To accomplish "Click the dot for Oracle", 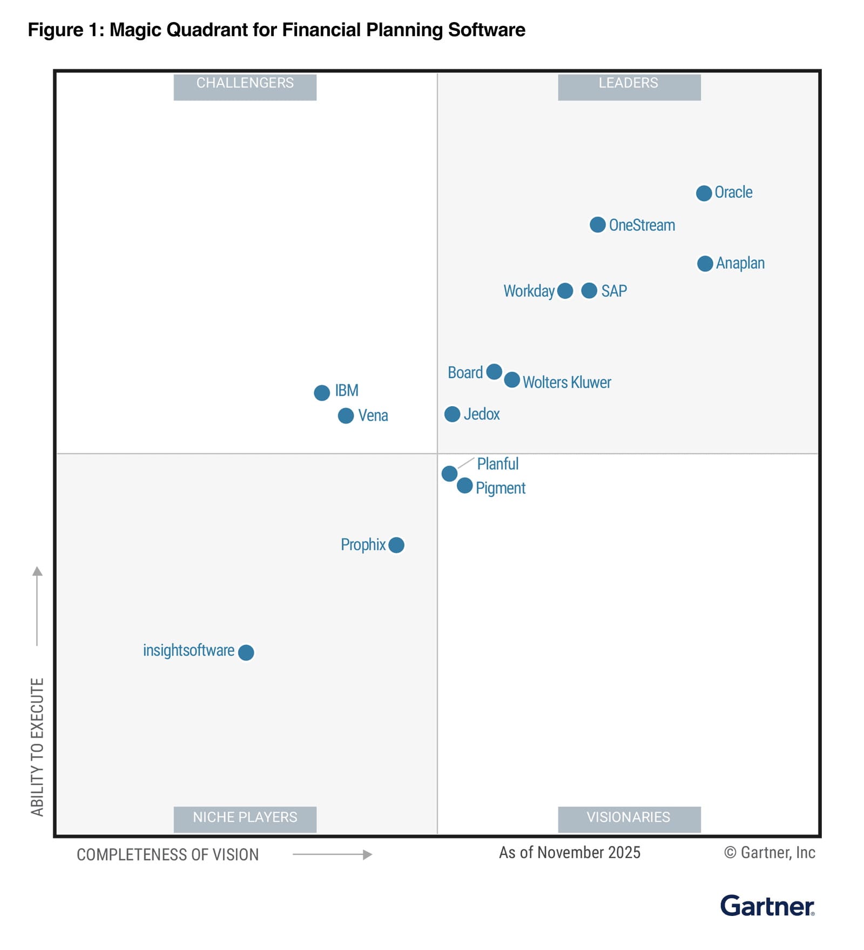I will pyautogui.click(x=703, y=193).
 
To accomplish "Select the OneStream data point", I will pyautogui.click(x=597, y=225).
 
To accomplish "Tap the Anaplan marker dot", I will pyautogui.click(x=705, y=264).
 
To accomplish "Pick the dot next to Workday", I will pyautogui.click(x=565, y=291).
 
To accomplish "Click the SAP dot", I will pyautogui.click(x=589, y=291).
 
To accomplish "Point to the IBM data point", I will pyautogui.click(x=322, y=393).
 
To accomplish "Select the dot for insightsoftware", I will pyautogui.click(x=246, y=652).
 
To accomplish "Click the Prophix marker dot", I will pyautogui.click(x=396, y=545).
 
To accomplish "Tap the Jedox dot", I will pyautogui.click(x=452, y=414).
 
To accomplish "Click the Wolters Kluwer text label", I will pyautogui.click(x=566, y=382).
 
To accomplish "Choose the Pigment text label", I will pyautogui.click(x=500, y=488).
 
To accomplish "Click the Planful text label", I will pyautogui.click(x=497, y=464).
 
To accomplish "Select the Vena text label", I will pyautogui.click(x=373, y=415).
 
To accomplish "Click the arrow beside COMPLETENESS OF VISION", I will pyautogui.click(x=332, y=854).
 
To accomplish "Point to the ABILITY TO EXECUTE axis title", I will pyautogui.click(x=37, y=746).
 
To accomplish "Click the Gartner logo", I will pyautogui.click(x=767, y=906).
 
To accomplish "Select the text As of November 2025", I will pyautogui.click(x=569, y=852).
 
